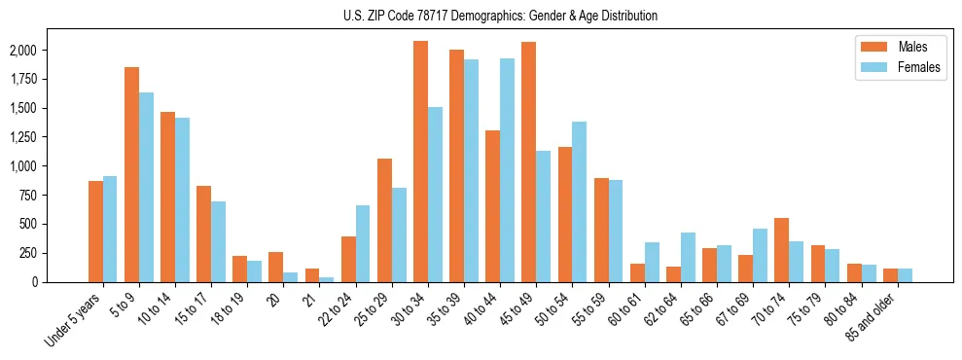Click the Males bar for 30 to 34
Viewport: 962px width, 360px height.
tap(420, 162)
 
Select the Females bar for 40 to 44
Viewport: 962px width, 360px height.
tap(507, 170)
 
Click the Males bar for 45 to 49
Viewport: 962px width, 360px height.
tap(528, 162)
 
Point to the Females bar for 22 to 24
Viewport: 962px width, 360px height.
tap(363, 243)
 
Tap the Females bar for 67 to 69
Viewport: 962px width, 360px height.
tap(760, 255)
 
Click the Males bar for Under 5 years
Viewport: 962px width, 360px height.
tap(95, 232)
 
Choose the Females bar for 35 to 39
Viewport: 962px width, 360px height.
tap(471, 170)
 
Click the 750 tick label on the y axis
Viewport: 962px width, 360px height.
tap(55, 195)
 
